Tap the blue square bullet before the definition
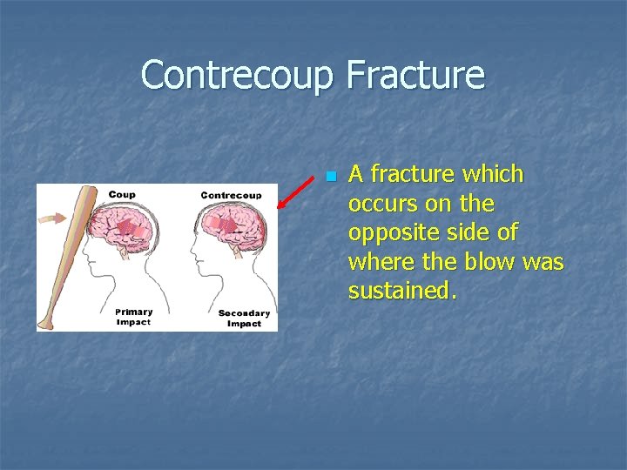330,177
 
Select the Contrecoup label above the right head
231,195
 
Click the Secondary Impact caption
244,318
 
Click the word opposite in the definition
384,232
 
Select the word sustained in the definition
401,290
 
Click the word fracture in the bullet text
408,174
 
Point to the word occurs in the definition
378,204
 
